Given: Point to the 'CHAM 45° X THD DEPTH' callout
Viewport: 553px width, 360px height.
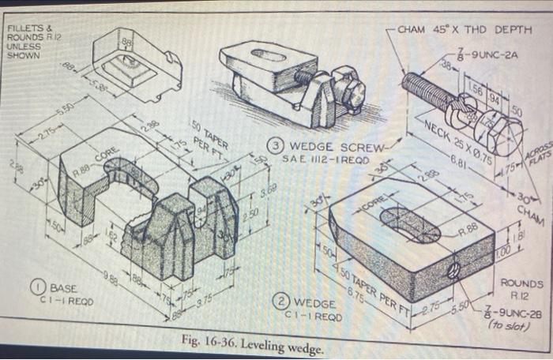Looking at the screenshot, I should point(465,30).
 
